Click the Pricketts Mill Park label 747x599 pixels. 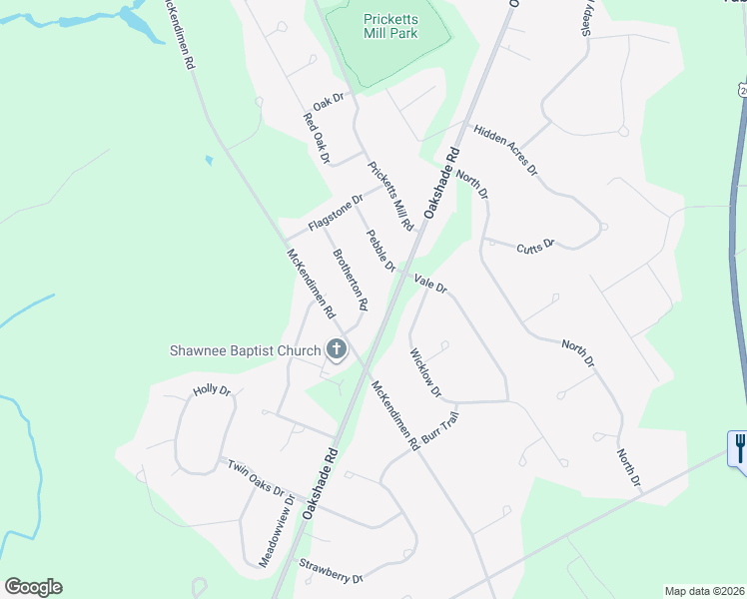coord(390,25)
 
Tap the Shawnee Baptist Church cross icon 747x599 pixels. coord(337,349)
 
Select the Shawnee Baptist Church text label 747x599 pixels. coord(245,350)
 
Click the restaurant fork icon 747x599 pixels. coord(739,445)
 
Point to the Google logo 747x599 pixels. coord(33,587)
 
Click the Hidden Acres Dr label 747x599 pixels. coord(505,150)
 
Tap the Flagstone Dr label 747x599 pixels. coord(336,213)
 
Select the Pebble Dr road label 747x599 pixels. coord(381,251)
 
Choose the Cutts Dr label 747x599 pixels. coord(535,245)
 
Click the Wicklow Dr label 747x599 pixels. coord(425,371)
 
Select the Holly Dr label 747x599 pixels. coord(212,391)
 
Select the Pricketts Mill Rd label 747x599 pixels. coord(390,196)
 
